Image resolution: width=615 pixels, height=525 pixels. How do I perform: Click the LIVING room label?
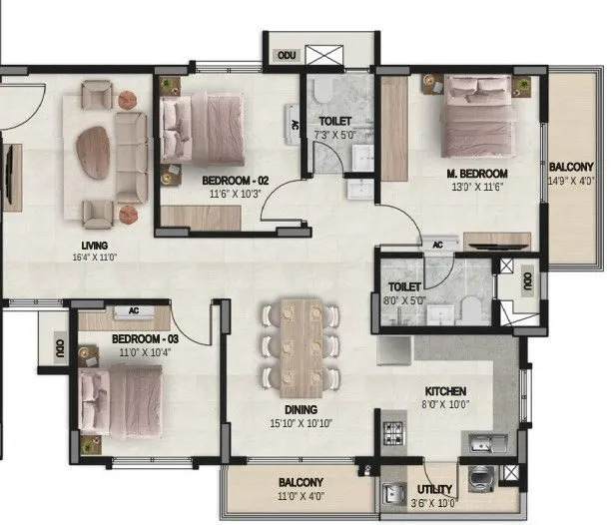click(x=96, y=246)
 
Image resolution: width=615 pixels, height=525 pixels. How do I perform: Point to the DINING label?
click(x=301, y=409)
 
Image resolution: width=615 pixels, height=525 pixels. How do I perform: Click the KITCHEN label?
click(x=444, y=391)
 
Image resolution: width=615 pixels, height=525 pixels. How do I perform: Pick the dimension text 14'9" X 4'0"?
click(x=571, y=182)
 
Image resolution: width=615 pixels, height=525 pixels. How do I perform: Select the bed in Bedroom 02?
click(x=202, y=130)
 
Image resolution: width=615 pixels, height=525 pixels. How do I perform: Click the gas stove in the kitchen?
click(x=392, y=435)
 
